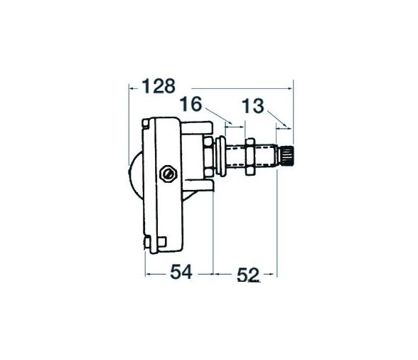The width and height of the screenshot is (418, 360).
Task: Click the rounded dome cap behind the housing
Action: pos(134,175)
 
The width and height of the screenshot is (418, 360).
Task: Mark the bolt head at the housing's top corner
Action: pos(147,125)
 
